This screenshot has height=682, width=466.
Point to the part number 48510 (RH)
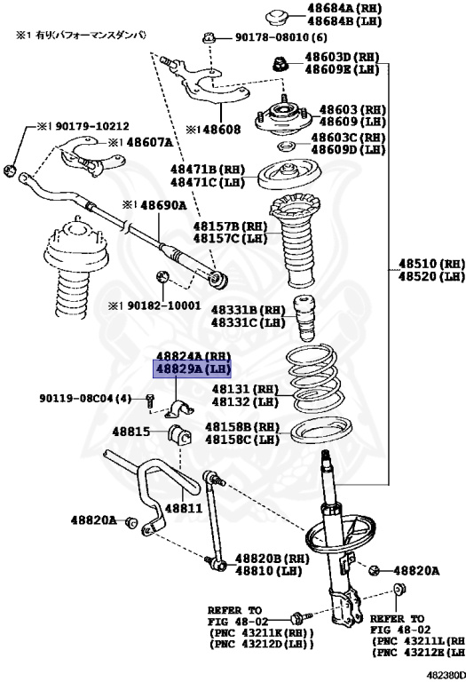pyautogui.click(x=430, y=264)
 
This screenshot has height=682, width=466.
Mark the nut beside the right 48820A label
pyautogui.click(x=376, y=569)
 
